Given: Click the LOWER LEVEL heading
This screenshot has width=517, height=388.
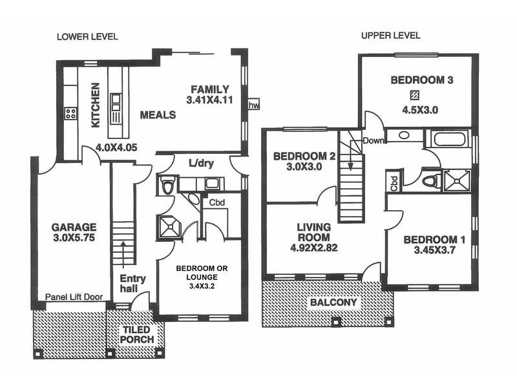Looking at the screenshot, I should [x=87, y=36].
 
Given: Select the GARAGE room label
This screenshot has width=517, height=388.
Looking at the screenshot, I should [x=74, y=227].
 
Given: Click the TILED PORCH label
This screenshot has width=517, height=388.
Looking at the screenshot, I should [x=138, y=334].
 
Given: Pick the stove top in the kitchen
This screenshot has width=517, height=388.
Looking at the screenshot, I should [x=70, y=114].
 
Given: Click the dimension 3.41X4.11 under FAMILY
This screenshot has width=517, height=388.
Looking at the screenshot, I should [x=209, y=101].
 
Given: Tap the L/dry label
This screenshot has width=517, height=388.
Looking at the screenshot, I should [x=201, y=162].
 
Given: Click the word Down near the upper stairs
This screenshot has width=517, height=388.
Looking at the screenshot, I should [x=375, y=140].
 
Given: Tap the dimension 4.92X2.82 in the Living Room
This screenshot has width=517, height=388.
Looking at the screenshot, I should [x=313, y=247].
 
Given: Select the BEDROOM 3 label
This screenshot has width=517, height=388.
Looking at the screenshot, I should [x=421, y=80].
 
